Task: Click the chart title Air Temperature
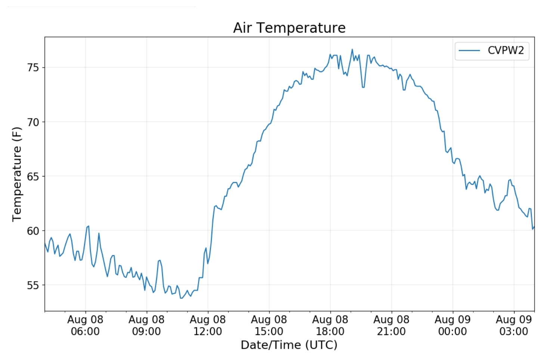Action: coord(289,28)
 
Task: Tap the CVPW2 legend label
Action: coord(505,50)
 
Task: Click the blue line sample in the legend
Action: coord(469,50)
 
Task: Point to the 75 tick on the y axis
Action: coord(33,68)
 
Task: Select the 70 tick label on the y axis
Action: coord(33,122)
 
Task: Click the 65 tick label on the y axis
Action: coord(33,176)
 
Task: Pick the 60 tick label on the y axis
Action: coord(33,231)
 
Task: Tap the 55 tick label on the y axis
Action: coord(33,285)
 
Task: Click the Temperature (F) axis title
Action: coord(17,174)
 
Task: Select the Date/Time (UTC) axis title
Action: coord(289,345)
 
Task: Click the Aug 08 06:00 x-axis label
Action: coord(85,325)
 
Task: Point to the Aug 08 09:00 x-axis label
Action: coord(146,325)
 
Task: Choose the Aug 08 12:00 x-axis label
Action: coord(208,325)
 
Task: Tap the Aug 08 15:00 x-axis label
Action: coord(269,325)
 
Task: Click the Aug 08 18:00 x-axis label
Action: coord(330,325)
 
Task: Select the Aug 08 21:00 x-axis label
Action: coord(391,325)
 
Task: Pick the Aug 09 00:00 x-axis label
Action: coord(452,325)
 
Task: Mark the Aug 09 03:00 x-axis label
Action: coord(514,325)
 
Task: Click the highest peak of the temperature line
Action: coord(352,49)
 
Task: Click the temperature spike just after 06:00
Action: coord(88,226)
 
